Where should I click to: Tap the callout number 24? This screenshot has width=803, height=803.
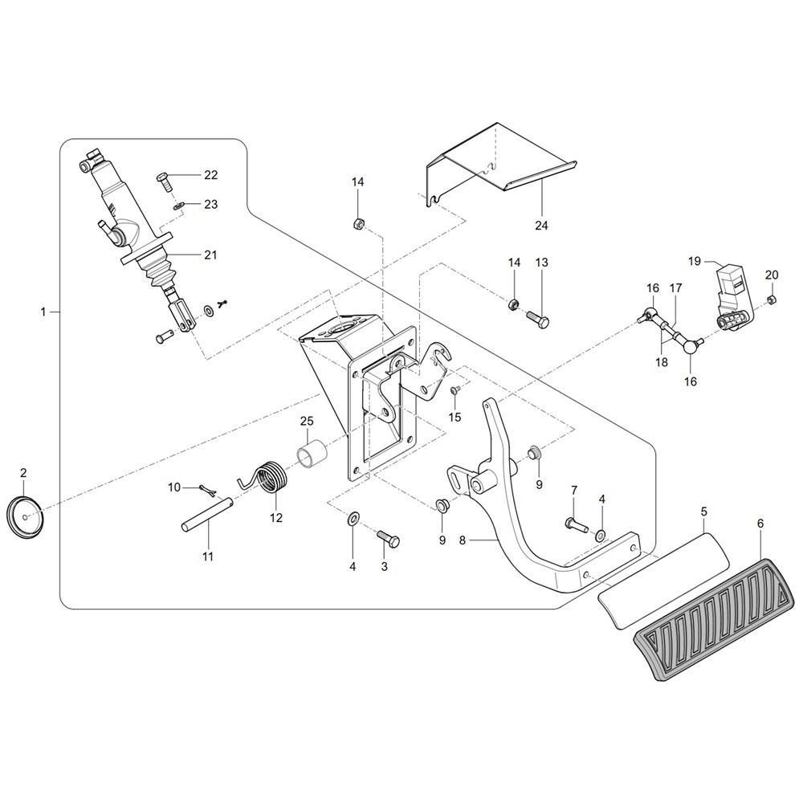(x=540, y=226)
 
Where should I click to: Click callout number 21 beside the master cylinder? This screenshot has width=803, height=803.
(x=210, y=255)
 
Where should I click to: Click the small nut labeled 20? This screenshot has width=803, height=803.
(x=771, y=300)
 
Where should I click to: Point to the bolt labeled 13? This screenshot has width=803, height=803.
(x=538, y=319)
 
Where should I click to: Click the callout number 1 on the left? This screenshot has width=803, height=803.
(x=43, y=311)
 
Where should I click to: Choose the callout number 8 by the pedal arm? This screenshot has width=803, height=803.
(x=462, y=541)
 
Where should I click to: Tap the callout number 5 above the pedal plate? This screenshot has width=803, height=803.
(x=703, y=511)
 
